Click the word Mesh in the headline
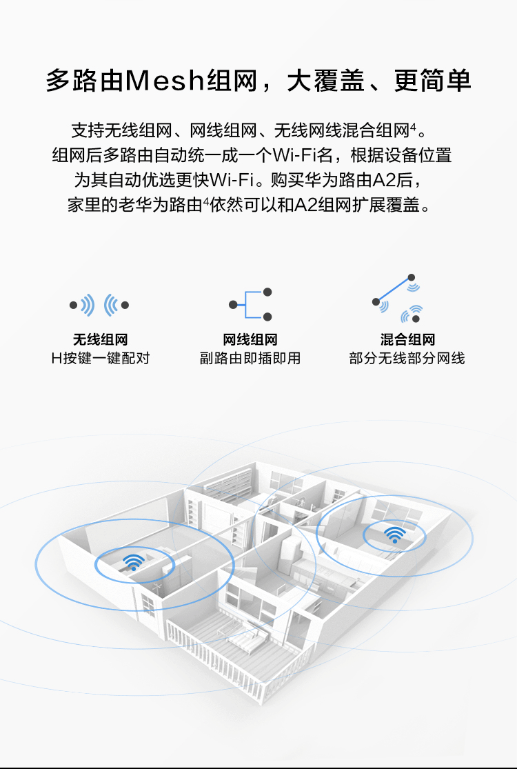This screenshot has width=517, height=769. tap(164, 81)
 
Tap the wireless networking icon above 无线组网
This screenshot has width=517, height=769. tap(99, 305)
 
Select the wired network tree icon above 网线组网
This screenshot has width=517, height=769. tap(250, 305)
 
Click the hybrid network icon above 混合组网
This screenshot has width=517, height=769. tap(398, 298)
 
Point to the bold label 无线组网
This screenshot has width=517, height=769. tap(101, 339)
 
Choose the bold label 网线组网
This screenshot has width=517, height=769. tap(250, 339)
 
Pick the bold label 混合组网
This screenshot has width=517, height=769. tap(407, 339)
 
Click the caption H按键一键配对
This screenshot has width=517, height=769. tap(101, 358)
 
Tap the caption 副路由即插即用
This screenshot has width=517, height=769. tap(250, 358)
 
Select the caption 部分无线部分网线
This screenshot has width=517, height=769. tap(407, 358)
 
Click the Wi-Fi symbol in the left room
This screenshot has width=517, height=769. tap(133, 562)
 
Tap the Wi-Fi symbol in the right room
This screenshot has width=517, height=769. tap(394, 535)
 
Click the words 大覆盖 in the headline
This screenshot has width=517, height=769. tap(325, 81)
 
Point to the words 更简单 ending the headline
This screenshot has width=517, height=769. tap(432, 81)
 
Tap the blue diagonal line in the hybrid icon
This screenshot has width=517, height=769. tap(394, 290)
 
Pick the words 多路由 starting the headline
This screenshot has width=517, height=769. tap(84, 81)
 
